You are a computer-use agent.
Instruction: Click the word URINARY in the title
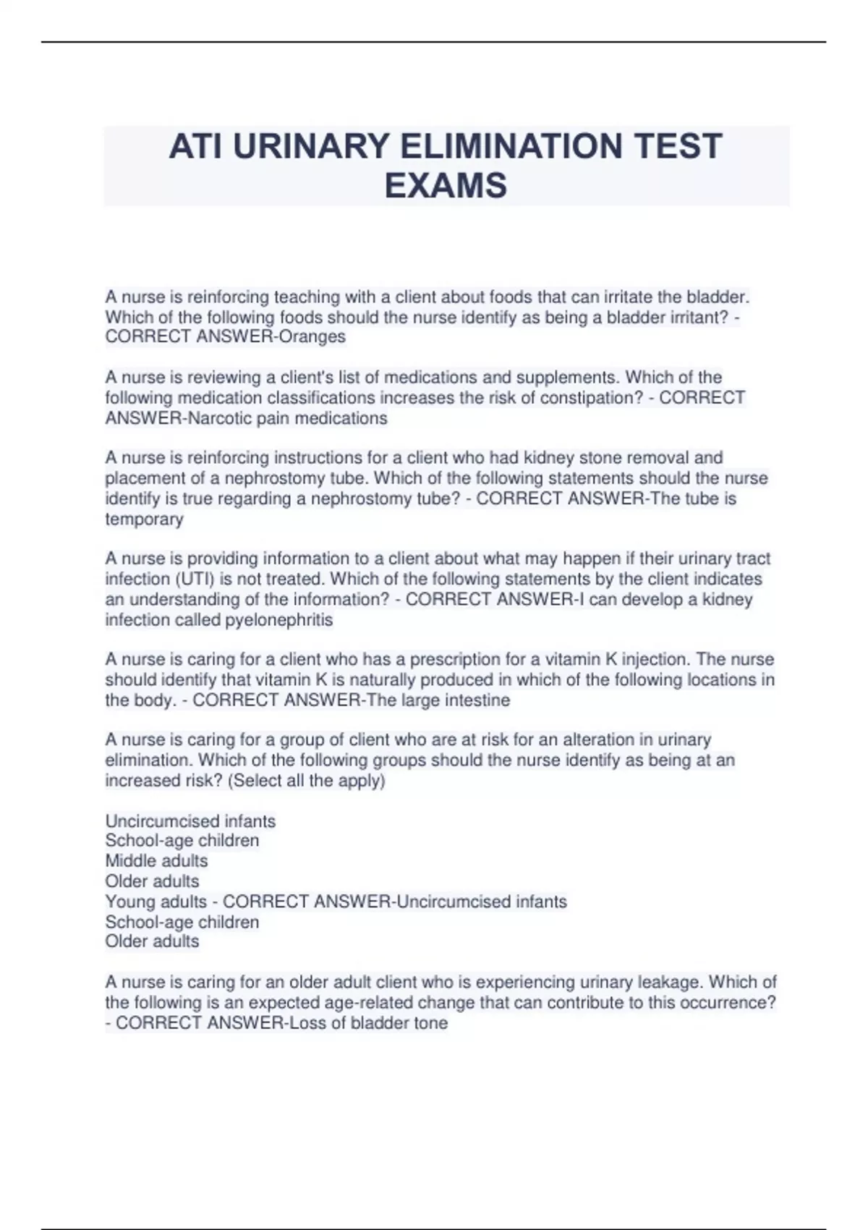311,147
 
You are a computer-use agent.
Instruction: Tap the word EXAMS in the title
446,186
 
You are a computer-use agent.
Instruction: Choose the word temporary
144,519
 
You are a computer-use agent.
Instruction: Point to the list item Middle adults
156,861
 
